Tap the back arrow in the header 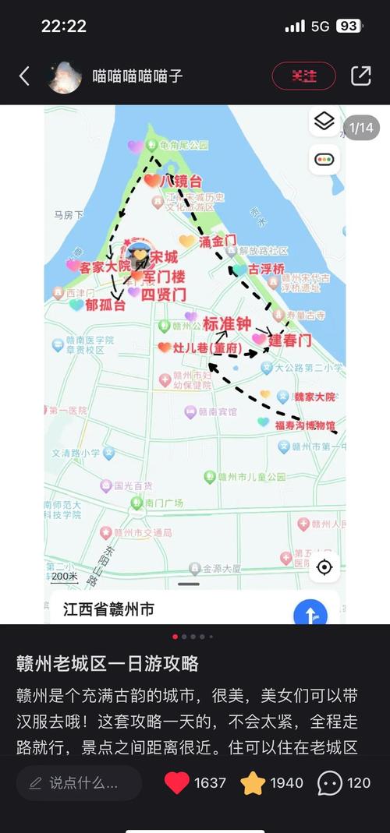[24, 76]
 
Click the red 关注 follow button [303, 76]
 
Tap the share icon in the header [360, 76]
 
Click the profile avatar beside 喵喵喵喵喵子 [65, 76]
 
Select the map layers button [324, 122]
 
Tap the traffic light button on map [324, 160]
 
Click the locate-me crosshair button [324, 567]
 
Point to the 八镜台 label [181, 181]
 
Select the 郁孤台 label [105, 305]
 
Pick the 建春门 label [290, 340]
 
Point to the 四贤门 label [167, 294]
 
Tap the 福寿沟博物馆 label [305, 425]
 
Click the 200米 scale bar [65, 577]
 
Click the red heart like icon [177, 783]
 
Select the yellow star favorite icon [253, 783]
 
